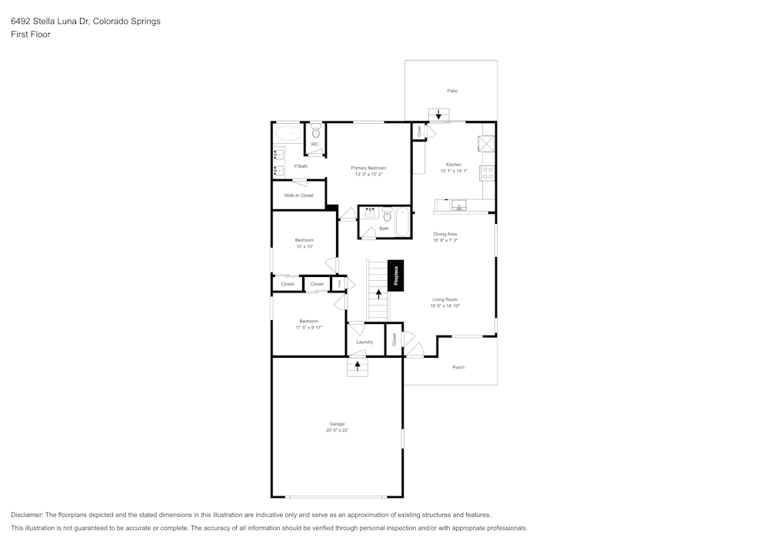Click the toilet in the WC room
(x=315, y=132)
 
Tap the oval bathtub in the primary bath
(x=290, y=133)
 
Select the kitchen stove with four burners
(x=488, y=172)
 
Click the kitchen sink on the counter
(x=460, y=205)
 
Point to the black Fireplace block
(x=396, y=275)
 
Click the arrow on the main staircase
(x=378, y=293)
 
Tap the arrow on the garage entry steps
(x=357, y=366)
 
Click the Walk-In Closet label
(x=298, y=195)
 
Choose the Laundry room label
(x=365, y=342)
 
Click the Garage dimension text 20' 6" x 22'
(x=337, y=430)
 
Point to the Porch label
(x=458, y=367)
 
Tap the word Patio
(x=453, y=91)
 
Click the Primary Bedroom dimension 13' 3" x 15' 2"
(x=368, y=175)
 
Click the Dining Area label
(x=445, y=234)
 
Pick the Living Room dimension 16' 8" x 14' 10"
(x=445, y=306)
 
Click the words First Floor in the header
(x=30, y=35)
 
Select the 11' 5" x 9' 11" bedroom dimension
(x=308, y=328)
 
